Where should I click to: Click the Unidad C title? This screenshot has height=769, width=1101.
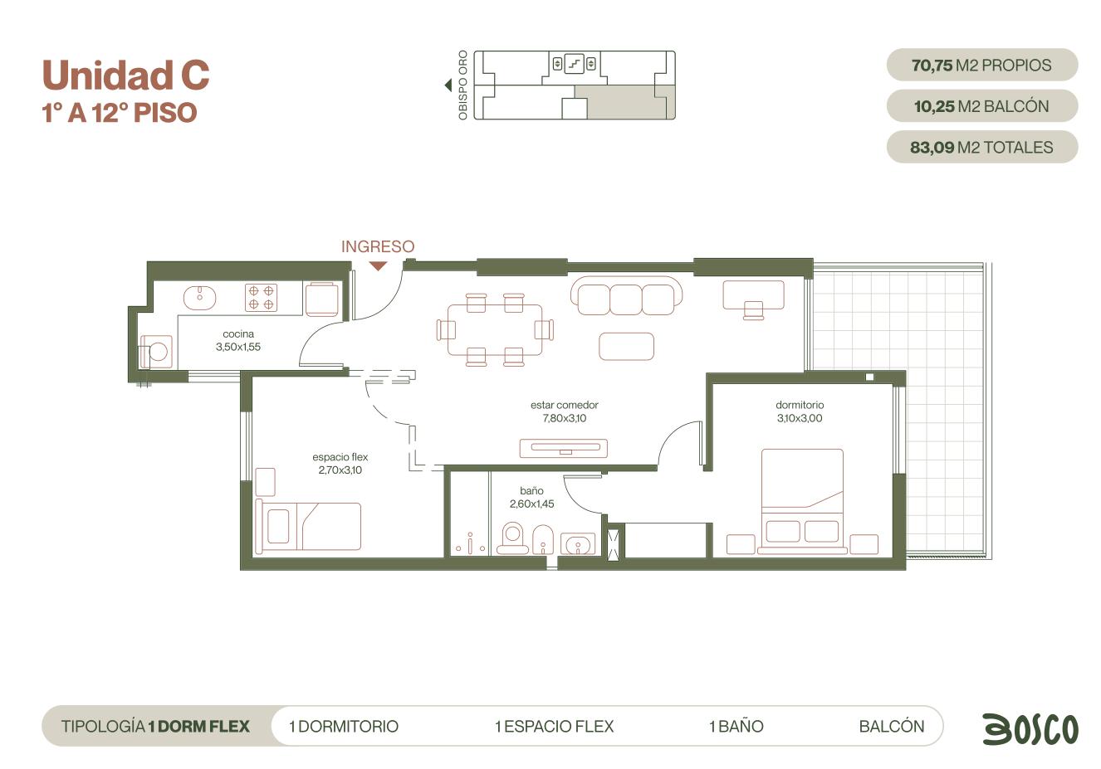tap(126, 75)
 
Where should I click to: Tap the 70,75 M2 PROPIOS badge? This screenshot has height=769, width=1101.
tap(981, 65)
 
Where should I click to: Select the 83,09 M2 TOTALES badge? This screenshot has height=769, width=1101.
tap(981, 147)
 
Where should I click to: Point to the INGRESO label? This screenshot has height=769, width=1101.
tap(378, 246)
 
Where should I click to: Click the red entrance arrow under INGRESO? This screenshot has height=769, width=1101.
tap(378, 266)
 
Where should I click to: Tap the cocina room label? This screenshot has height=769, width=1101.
tap(238, 334)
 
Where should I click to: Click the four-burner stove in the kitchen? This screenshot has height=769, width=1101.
tap(261, 298)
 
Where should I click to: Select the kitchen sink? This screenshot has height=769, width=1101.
tap(199, 298)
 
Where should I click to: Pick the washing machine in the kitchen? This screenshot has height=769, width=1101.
tap(156, 352)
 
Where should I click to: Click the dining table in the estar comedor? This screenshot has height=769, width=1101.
tap(495, 329)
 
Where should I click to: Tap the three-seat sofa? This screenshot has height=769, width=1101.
tap(626, 295)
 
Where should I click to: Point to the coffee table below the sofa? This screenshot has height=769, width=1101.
tap(626, 346)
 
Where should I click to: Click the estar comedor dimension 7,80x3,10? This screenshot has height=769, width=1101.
tap(565, 418)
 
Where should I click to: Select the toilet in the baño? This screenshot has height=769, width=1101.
tap(512, 538)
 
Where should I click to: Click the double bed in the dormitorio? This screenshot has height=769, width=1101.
tap(802, 501)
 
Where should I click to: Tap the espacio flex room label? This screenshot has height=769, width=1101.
tap(340, 457)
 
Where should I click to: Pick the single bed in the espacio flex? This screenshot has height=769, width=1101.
tap(308, 527)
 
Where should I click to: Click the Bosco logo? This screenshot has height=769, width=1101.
tap(1030, 728)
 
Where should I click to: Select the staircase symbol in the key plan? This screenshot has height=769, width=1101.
tap(574, 64)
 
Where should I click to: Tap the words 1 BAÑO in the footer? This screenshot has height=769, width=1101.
tap(736, 727)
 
